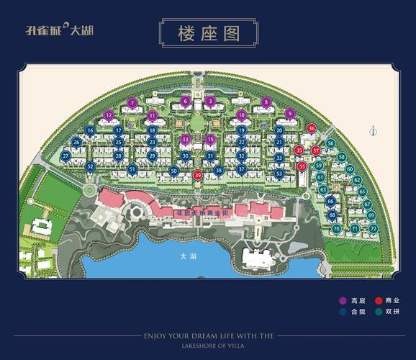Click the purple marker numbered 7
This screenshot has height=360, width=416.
coord(132,102)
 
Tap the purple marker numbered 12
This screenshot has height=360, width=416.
coord(109,115)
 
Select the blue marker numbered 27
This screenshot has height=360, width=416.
coord(65,155)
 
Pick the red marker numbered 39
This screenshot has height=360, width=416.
coord(198,175)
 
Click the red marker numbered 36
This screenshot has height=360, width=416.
coord(311,128)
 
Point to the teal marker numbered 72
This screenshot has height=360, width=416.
coord(374,228)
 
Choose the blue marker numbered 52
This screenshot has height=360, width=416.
coord(90,166)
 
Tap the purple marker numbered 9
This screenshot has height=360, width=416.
coord(290,113)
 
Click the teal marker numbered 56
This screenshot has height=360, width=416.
coord(330,143)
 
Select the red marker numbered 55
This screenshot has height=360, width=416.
coord(302,166)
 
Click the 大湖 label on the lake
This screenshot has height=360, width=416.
coord(189,256)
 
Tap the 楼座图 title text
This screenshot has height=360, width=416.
coord(208,33)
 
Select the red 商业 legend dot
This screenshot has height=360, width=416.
coord(380,300)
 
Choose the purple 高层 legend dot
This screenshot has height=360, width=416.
coord(343,300)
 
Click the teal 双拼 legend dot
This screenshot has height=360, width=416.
coord(380,312)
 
